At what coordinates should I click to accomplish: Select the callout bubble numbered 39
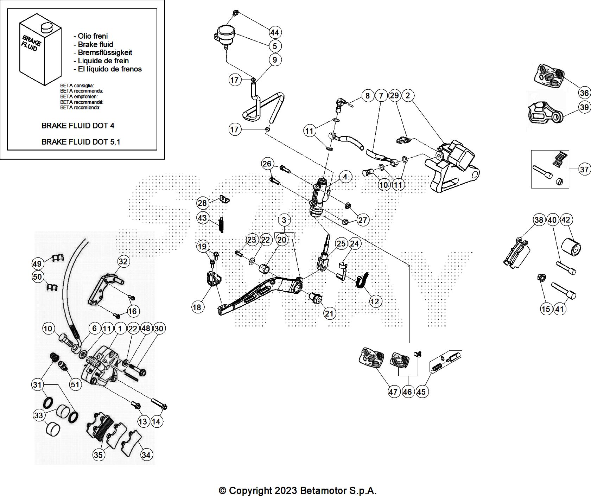(x=584, y=107)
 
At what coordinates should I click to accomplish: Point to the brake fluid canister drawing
(x=39, y=52)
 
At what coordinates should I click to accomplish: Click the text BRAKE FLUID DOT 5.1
(x=81, y=142)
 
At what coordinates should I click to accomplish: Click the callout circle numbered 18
(x=197, y=307)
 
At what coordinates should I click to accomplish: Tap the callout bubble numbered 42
(x=566, y=220)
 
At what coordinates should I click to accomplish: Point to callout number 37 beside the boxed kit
(x=584, y=170)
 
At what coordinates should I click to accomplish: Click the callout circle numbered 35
(x=98, y=455)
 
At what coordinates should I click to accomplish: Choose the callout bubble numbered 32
(x=123, y=261)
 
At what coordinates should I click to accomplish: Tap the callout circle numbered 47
(x=393, y=392)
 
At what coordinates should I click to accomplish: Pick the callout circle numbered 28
(x=202, y=203)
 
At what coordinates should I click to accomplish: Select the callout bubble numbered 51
(x=75, y=384)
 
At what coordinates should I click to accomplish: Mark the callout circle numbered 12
(x=375, y=301)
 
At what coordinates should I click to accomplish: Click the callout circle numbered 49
(x=37, y=263)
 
